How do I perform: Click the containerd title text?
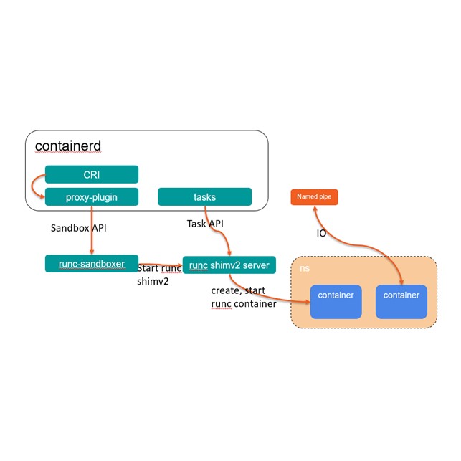pyautogui.click(x=68, y=146)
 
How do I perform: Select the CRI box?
pyautogui.click(x=91, y=174)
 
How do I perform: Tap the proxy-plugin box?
pyautogui.click(x=91, y=196)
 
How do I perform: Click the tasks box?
pyautogui.click(x=204, y=196)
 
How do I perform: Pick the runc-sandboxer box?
pyautogui.click(x=91, y=263)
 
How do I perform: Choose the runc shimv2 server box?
pyautogui.click(x=229, y=265)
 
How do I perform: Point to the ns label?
pyautogui.click(x=304, y=267)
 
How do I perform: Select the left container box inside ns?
pyautogui.click(x=336, y=301)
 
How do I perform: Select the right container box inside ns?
pyautogui.click(x=401, y=301)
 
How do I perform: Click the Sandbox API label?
pyautogui.click(x=78, y=229)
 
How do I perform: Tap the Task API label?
pyautogui.click(x=206, y=224)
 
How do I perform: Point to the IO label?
pyautogui.click(x=322, y=234)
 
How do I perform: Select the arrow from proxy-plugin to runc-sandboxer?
pyautogui.click(x=91, y=229)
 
